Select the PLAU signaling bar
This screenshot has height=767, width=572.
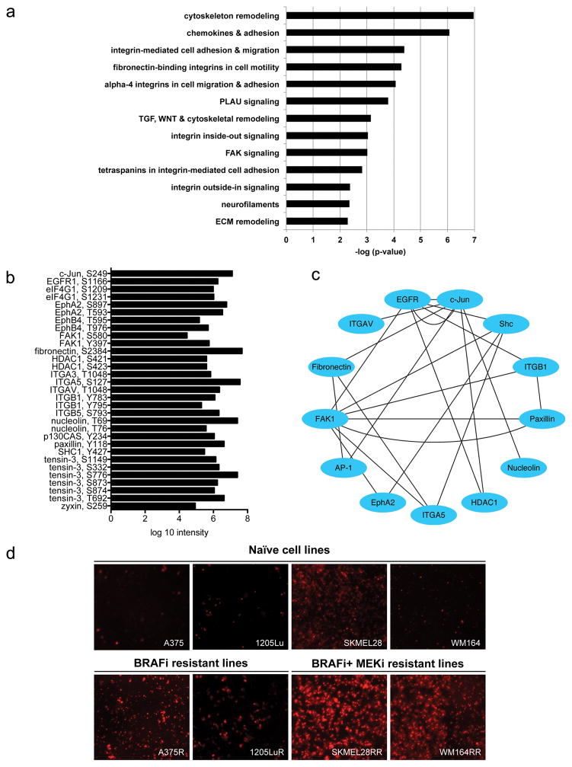[x=337, y=101]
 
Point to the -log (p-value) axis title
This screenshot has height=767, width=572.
[x=379, y=251]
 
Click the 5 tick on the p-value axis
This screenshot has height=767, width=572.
[x=420, y=239]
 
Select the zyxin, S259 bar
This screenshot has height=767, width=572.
[x=154, y=505]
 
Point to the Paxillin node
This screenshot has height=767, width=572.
[x=542, y=417]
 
